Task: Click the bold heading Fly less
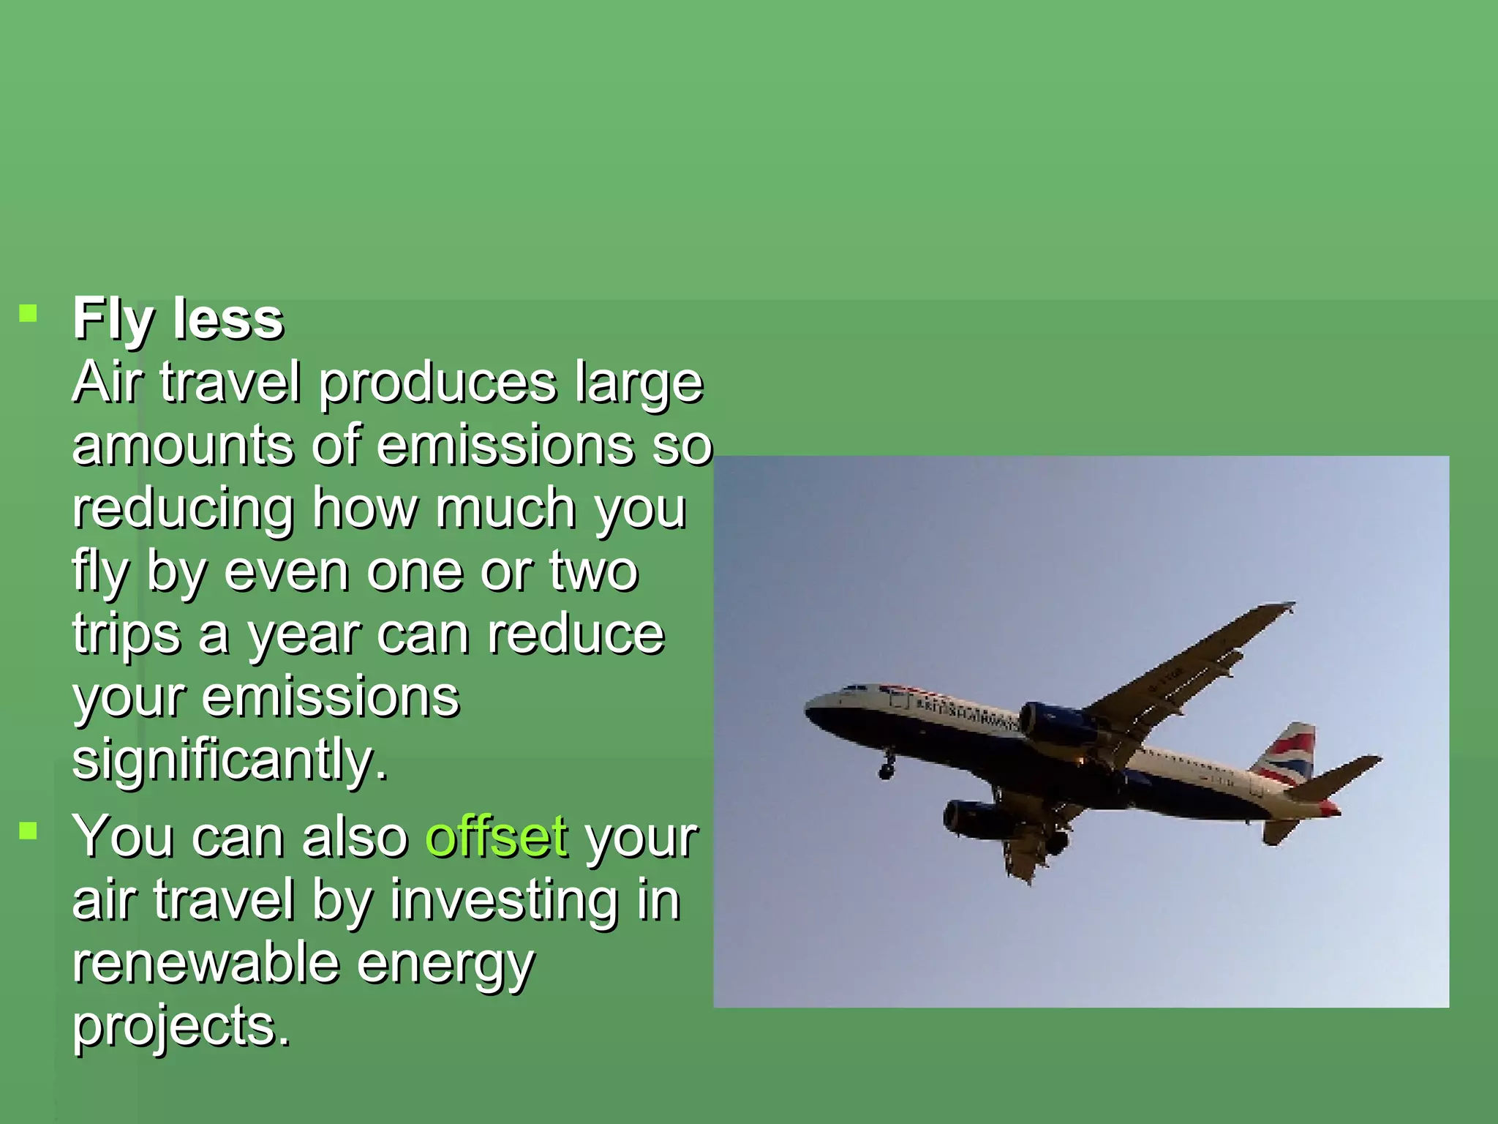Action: click(178, 319)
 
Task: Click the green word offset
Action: click(497, 836)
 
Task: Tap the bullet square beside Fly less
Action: click(29, 314)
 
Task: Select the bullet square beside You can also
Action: click(29, 831)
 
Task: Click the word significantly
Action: click(230, 760)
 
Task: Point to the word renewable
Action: click(206, 963)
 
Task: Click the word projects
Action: click(181, 1026)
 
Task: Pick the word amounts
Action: click(183, 445)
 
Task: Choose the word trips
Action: click(126, 634)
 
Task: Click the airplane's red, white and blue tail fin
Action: click(1286, 754)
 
